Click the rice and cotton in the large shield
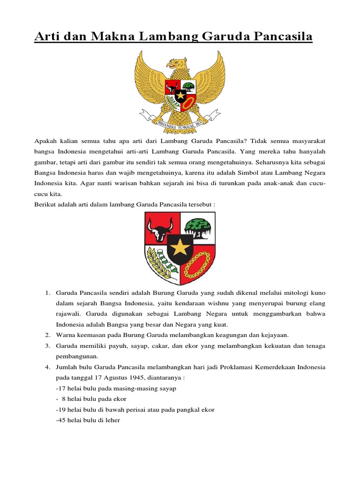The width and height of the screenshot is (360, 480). click(161, 263)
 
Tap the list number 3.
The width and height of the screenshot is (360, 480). click(48, 345)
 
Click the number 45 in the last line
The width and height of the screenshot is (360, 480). click(60, 420)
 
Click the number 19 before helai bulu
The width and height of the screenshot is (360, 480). click(60, 409)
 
